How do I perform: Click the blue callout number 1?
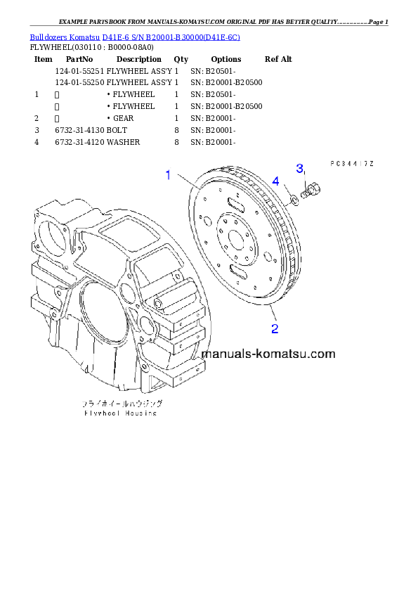[x=168, y=175]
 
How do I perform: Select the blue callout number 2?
[x=275, y=328]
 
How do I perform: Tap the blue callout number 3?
[x=299, y=168]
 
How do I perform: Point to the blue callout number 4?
[x=276, y=181]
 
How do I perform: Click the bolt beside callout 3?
[x=311, y=189]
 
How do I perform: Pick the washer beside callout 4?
[x=295, y=199]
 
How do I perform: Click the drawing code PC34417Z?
[x=351, y=163]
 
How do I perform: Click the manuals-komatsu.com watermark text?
[x=268, y=354]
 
